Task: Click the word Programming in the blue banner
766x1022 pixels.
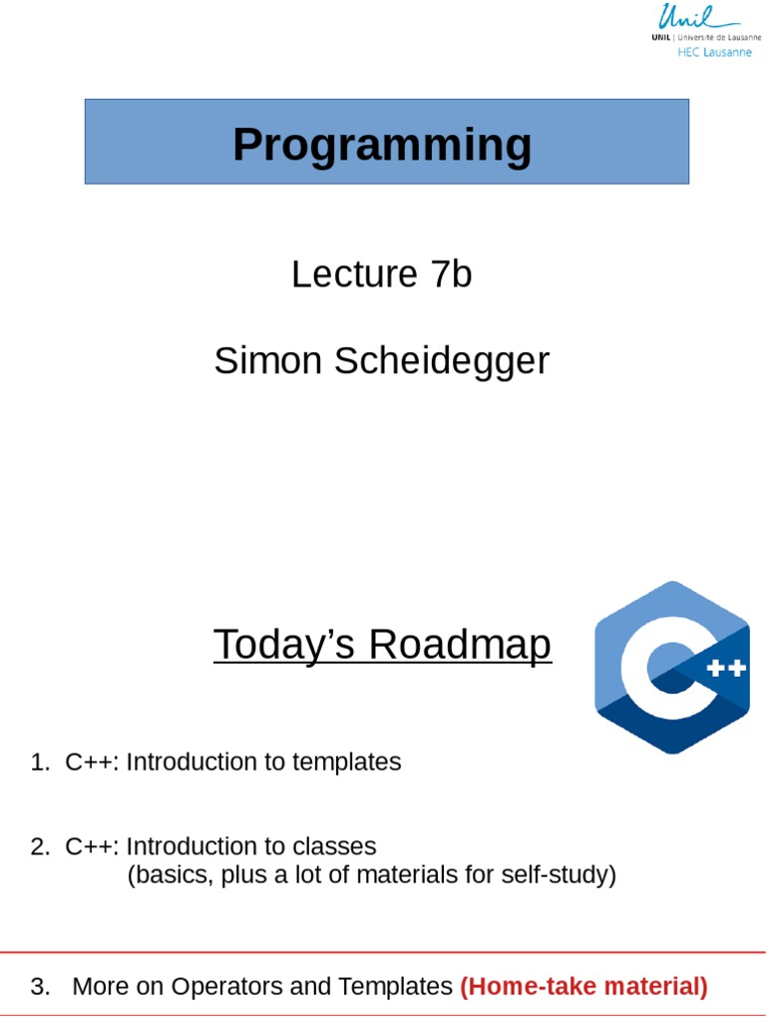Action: pos(382,145)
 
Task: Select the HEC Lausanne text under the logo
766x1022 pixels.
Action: pos(713,52)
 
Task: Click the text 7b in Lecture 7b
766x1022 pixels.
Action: pos(452,273)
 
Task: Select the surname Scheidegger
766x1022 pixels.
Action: pos(442,360)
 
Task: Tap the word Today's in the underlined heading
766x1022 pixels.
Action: pos(285,645)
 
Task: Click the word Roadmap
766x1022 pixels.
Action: pos(460,645)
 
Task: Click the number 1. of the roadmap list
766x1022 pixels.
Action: pos(40,763)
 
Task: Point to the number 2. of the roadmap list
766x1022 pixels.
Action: pos(40,846)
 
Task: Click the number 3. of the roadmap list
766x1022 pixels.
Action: pos(40,987)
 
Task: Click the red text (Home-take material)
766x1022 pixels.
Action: pos(583,987)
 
